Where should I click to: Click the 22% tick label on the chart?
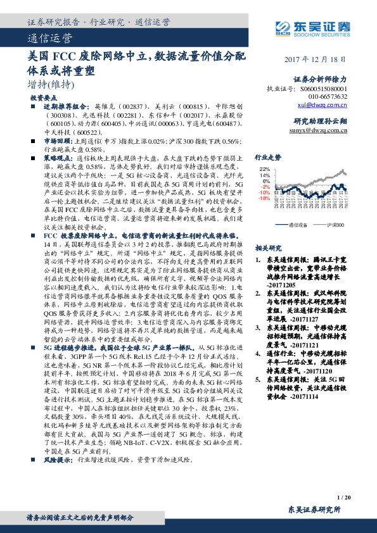click(x=264, y=170)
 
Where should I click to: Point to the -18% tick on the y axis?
click(x=264, y=198)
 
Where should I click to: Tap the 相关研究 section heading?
click(x=266, y=248)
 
